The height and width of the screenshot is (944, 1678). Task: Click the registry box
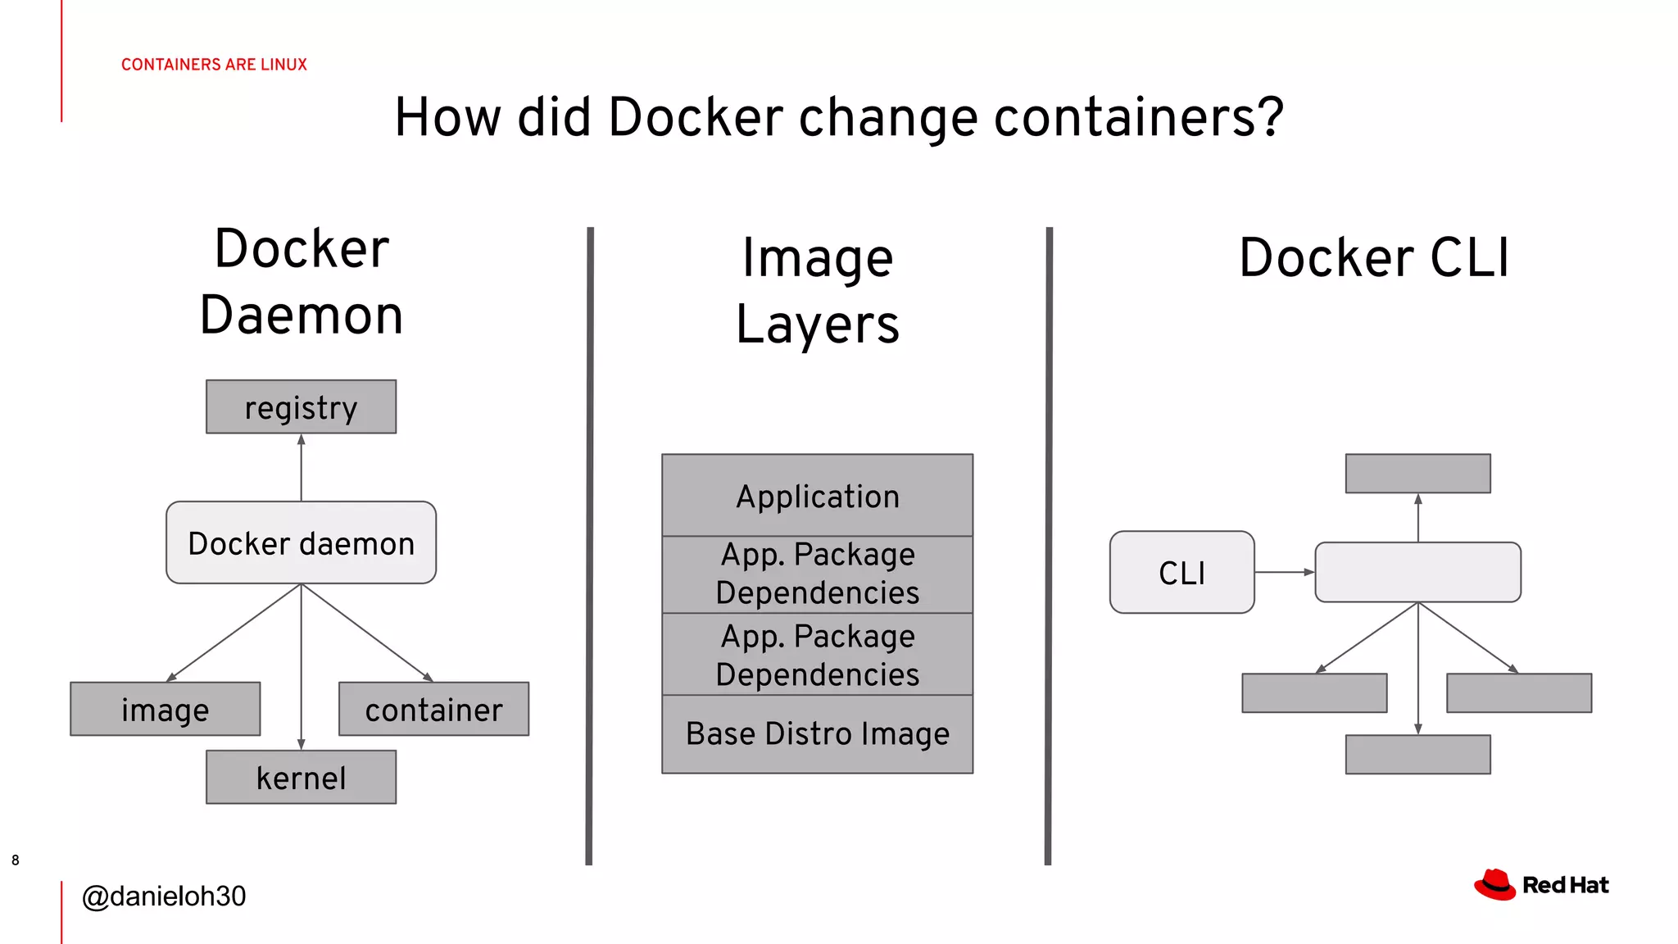click(x=301, y=406)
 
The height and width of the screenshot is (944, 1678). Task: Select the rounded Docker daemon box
click(x=301, y=542)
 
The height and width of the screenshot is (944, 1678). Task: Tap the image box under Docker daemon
click(x=165, y=709)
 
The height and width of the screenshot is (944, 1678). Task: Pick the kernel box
click(x=301, y=777)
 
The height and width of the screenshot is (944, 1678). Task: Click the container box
click(x=433, y=709)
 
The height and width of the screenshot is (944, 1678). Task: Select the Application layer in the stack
click(x=817, y=496)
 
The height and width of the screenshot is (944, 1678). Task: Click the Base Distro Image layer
click(x=817, y=733)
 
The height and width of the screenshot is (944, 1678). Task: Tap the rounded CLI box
click(x=1181, y=572)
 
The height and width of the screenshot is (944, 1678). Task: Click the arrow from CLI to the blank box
click(x=1284, y=572)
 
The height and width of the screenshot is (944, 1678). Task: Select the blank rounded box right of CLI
click(x=1417, y=572)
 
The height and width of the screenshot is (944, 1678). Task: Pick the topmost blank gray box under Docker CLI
click(x=1417, y=474)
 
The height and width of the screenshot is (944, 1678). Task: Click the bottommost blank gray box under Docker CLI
click(x=1417, y=754)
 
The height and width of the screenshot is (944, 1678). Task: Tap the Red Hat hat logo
click(x=1494, y=885)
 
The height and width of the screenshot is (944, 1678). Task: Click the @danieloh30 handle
click(x=164, y=896)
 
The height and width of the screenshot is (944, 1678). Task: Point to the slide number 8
click(x=16, y=860)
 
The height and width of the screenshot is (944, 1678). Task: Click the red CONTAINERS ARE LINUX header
click(x=214, y=64)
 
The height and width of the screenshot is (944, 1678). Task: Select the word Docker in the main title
click(x=695, y=117)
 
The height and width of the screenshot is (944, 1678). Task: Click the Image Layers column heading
click(x=817, y=291)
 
